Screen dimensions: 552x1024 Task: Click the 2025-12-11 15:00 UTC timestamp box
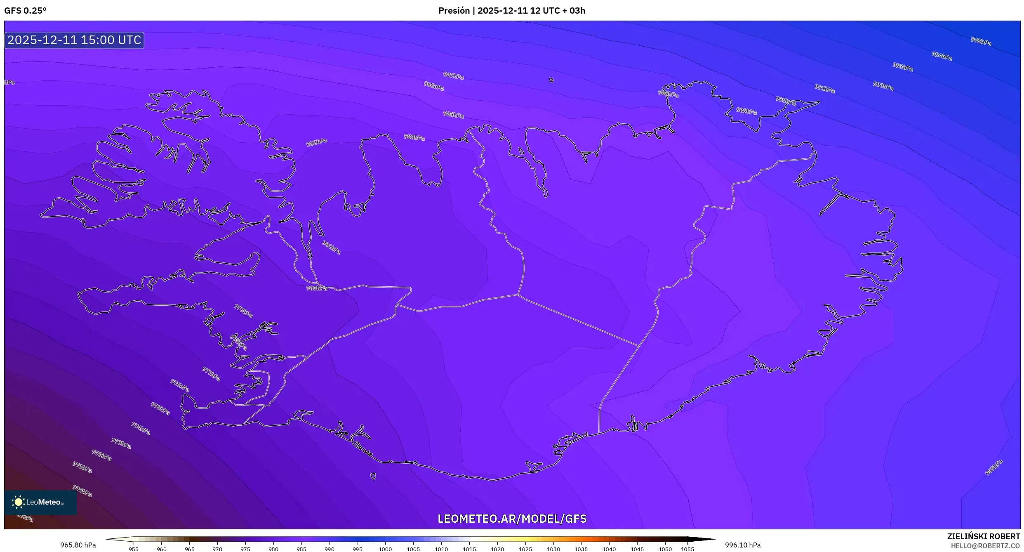(74, 40)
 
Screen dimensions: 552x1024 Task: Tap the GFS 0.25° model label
(25, 11)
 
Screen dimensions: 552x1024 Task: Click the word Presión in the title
(454, 11)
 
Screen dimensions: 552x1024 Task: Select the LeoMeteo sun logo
(18, 502)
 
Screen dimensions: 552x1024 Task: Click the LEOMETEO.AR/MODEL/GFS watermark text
(512, 519)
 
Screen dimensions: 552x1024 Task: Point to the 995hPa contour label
(980, 41)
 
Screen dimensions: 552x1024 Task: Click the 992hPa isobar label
(883, 86)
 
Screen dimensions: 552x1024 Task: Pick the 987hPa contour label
(453, 76)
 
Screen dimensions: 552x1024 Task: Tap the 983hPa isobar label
(414, 137)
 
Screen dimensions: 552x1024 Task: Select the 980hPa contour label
(316, 288)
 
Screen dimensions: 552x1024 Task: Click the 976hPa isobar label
(180, 386)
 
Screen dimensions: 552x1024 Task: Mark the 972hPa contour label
(101, 455)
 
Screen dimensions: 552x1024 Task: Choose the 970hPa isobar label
(82, 491)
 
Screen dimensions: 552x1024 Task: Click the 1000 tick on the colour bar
(385, 549)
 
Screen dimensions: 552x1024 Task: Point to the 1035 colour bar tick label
(581, 549)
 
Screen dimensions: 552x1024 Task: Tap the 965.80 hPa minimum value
(78, 545)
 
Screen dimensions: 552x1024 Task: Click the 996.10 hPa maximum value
(743, 545)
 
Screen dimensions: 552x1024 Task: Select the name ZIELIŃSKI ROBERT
(983, 536)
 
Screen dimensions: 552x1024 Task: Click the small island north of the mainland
(551, 80)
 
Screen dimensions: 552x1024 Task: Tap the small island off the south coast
(373, 477)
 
